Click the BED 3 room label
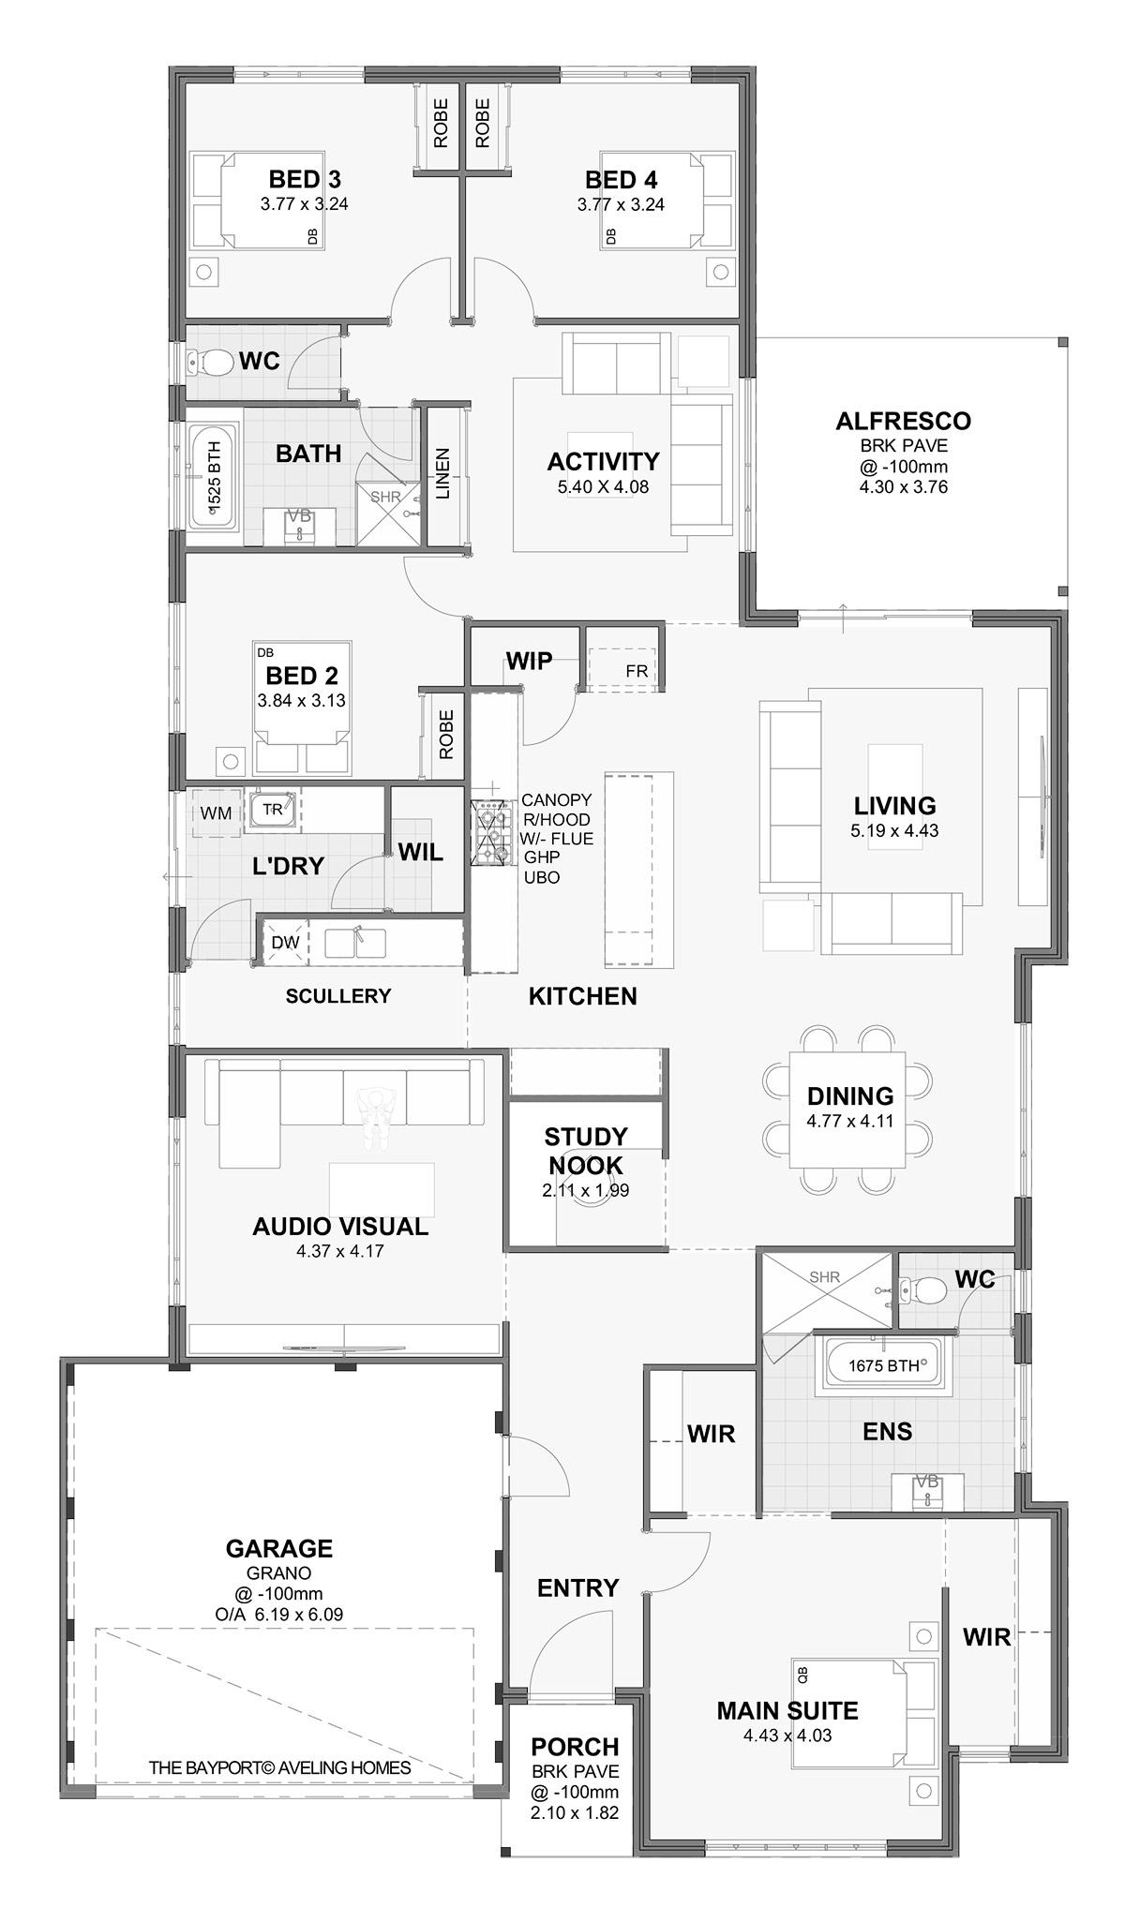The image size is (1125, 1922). [x=305, y=179]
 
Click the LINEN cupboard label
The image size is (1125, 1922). [x=443, y=473]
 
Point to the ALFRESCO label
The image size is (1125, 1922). [x=903, y=421]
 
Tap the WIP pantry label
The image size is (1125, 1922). [x=529, y=661]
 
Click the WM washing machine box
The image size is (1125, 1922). [x=217, y=812]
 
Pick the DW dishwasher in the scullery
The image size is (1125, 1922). [x=285, y=942]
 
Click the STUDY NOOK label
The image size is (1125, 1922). [x=586, y=1151]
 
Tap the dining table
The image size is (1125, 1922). [x=848, y=1110]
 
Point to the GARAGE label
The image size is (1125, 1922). [x=278, y=1549]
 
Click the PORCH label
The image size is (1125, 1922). [x=575, y=1747]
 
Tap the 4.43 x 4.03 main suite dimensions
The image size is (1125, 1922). [x=787, y=1735]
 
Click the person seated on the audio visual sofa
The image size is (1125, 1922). [x=377, y=1117]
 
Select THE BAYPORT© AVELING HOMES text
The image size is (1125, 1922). [x=279, y=1767]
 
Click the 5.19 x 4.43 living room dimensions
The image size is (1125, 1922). [x=894, y=829]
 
